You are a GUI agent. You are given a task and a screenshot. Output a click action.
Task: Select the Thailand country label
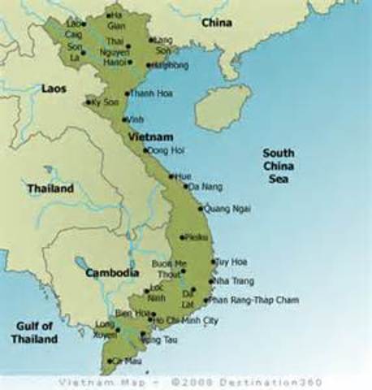(50, 188)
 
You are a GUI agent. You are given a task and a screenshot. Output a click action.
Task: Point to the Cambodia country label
(111, 273)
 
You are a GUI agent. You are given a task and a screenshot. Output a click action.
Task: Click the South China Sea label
(279, 166)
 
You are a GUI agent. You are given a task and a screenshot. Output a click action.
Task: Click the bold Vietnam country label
(149, 136)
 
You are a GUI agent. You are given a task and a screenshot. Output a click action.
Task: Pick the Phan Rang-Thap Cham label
(253, 300)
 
